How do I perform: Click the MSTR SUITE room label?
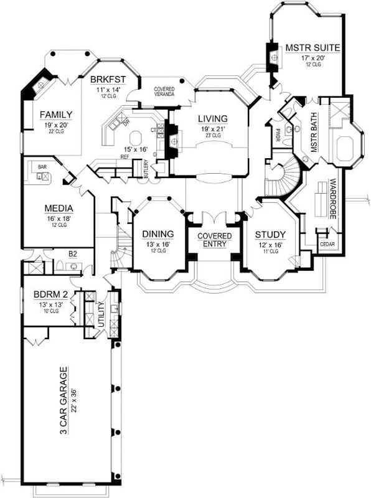click(311, 48)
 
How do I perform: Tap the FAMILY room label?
click(57, 115)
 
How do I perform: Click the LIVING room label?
click(212, 118)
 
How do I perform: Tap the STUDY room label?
click(271, 235)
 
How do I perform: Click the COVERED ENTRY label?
click(215, 240)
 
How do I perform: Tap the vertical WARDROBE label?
click(334, 199)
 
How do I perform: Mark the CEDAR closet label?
click(327, 244)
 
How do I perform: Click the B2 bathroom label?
click(72, 254)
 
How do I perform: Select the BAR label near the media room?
click(42, 167)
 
